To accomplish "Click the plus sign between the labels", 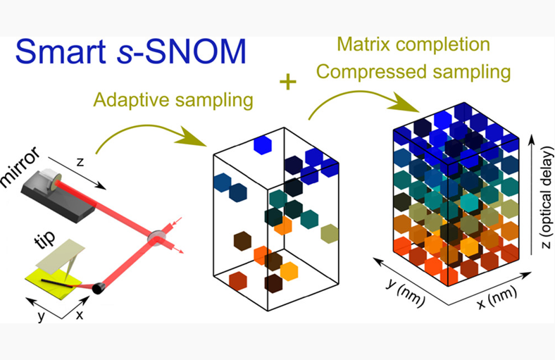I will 287,82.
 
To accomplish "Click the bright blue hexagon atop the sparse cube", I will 262,144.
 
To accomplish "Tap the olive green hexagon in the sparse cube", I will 328,233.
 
